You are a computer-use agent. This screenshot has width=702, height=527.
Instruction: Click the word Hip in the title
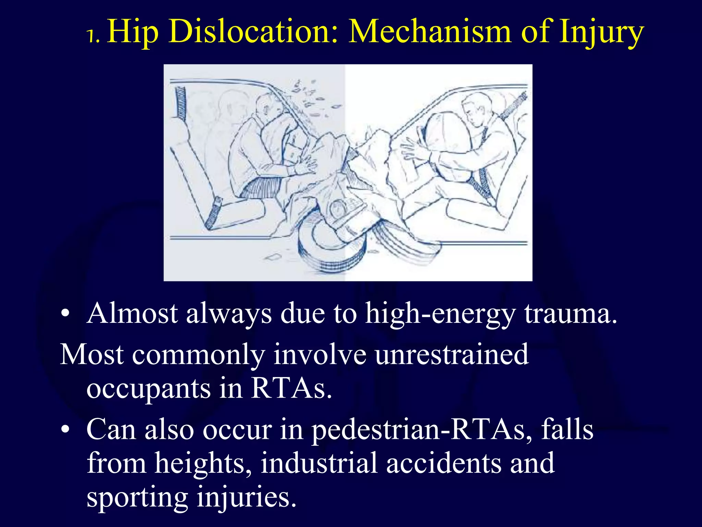pos(133,33)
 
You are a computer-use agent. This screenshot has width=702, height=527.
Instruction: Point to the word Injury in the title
pos(601,33)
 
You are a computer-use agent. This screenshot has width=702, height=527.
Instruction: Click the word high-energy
pos(440,314)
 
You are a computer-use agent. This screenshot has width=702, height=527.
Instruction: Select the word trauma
pos(571,314)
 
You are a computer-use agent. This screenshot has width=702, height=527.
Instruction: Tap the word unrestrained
pos(451,354)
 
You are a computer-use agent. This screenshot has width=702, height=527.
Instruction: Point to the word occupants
pos(148,389)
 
